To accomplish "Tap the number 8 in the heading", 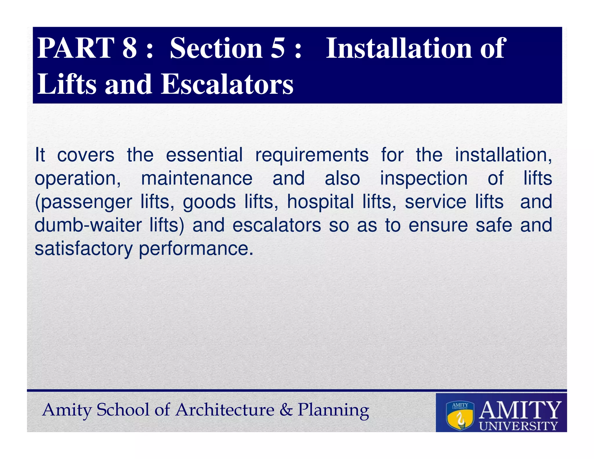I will click(129, 48).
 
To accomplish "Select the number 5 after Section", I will click(278, 48).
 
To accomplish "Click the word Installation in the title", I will click(399, 48).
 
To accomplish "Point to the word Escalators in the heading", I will click(227, 84).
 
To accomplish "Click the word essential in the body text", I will click(204, 155).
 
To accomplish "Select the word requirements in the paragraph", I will click(312, 155).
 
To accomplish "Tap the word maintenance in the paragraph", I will click(197, 178).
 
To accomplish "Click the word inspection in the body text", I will click(424, 178).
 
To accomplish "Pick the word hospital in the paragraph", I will click(320, 202).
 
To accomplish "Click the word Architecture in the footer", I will click(225, 410).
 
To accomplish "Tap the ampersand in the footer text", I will click(286, 410).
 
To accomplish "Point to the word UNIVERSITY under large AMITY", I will click(518, 426).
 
